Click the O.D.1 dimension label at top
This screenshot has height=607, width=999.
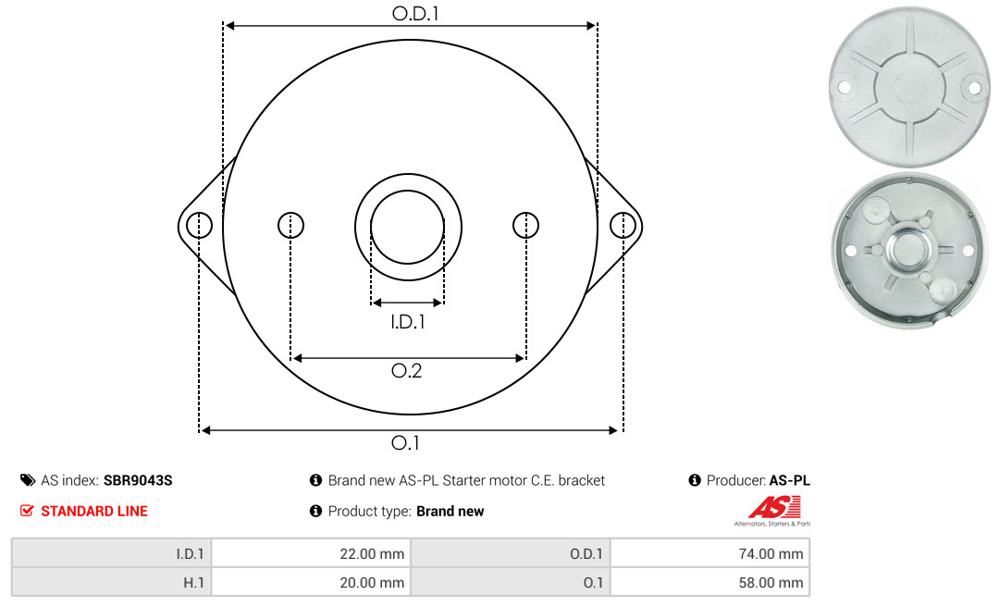click(x=415, y=13)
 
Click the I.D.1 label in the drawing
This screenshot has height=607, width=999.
click(x=408, y=322)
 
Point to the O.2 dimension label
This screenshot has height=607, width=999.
click(x=406, y=370)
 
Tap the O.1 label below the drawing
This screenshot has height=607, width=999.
click(x=405, y=442)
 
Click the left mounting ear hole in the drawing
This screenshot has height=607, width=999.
click(x=200, y=226)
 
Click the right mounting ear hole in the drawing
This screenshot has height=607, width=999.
click(x=623, y=226)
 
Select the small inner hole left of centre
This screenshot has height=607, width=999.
click(x=291, y=225)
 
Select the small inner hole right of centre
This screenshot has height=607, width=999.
click(x=525, y=225)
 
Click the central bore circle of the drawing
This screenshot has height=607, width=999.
click(x=408, y=191)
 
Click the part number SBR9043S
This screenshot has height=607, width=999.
click(x=138, y=481)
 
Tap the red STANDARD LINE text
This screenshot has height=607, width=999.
click(x=94, y=512)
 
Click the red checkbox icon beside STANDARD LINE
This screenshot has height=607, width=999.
click(x=27, y=511)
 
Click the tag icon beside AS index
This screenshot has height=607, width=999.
click(x=28, y=480)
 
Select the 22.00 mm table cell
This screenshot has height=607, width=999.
click(x=311, y=553)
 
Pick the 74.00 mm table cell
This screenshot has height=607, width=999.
click(x=709, y=553)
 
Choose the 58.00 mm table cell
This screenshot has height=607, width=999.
click(x=709, y=582)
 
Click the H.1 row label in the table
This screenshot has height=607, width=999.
click(x=193, y=583)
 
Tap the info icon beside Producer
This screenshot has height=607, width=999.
click(x=695, y=480)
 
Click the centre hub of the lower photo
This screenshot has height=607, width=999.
click(x=910, y=250)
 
